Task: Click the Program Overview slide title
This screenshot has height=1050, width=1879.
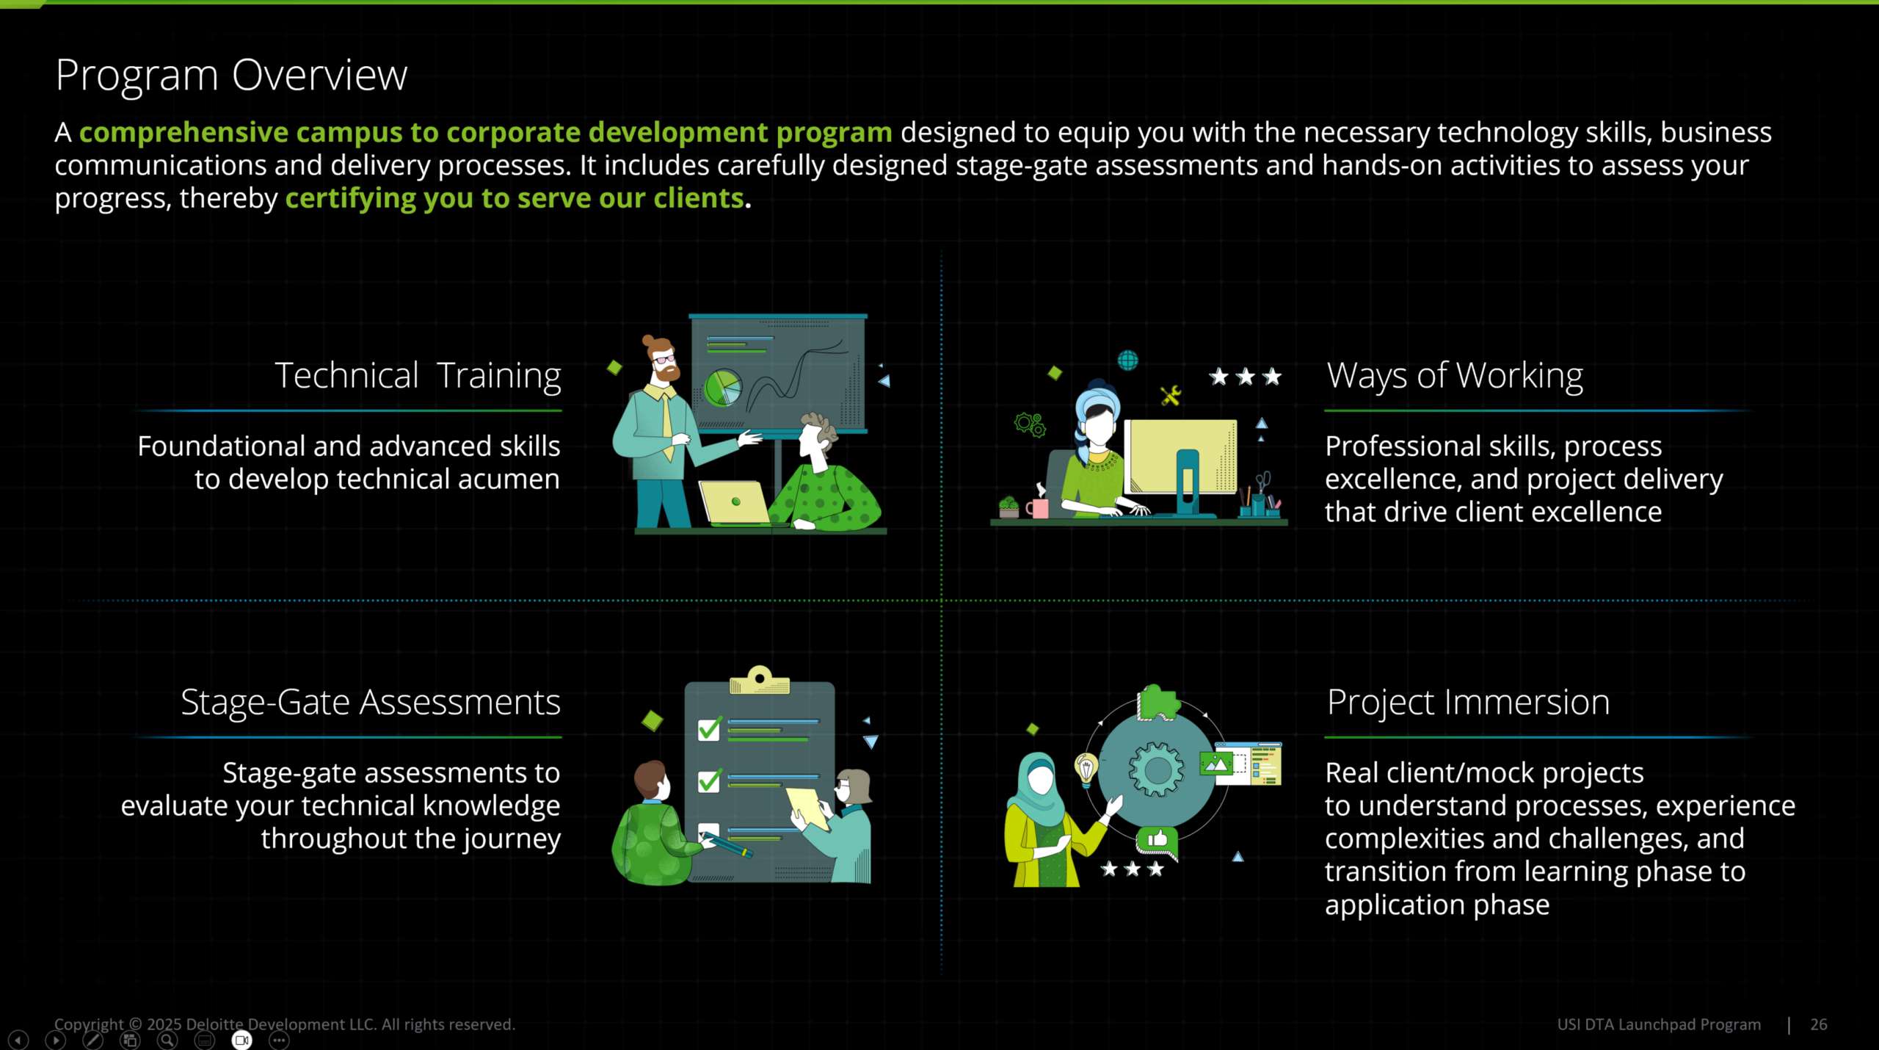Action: (x=231, y=76)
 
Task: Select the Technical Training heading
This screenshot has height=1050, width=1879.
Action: (x=418, y=376)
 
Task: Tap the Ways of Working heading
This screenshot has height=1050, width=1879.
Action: (x=1455, y=376)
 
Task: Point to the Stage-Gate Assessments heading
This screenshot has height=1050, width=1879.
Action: (x=371, y=703)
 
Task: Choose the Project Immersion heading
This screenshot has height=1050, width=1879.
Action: (x=1468, y=703)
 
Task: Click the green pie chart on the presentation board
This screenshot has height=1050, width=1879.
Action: (x=722, y=387)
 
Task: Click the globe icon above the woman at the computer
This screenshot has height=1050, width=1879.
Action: (x=1127, y=361)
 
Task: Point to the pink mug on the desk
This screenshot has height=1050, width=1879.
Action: (x=1038, y=507)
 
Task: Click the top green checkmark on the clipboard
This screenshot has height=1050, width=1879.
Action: (x=710, y=728)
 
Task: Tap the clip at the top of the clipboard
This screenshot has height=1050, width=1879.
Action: (x=760, y=680)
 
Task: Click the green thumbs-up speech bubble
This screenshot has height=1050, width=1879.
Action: (x=1157, y=841)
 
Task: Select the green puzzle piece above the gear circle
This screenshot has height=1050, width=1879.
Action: (x=1157, y=703)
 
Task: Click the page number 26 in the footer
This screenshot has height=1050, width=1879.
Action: (x=1819, y=1024)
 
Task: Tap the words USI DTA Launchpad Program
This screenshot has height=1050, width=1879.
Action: (x=1659, y=1024)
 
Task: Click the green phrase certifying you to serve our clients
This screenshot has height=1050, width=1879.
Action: (x=515, y=198)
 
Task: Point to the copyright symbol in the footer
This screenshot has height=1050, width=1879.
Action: (x=135, y=1024)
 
